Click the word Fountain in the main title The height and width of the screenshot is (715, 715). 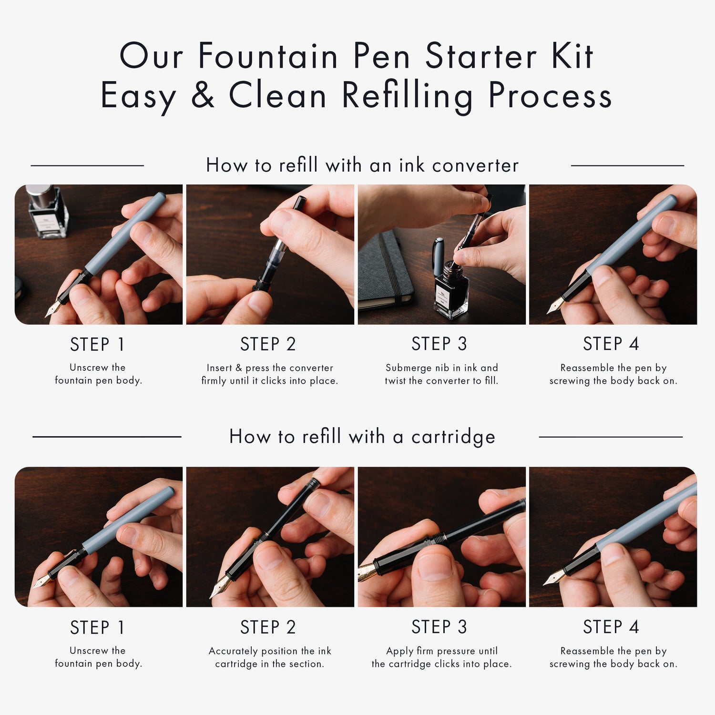click(x=268, y=56)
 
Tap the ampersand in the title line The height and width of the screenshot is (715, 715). click(x=203, y=95)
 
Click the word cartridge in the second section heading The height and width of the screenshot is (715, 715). click(x=453, y=437)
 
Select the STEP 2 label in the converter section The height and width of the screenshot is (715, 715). click(x=268, y=344)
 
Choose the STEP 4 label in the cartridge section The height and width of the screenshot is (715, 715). click(x=611, y=627)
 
